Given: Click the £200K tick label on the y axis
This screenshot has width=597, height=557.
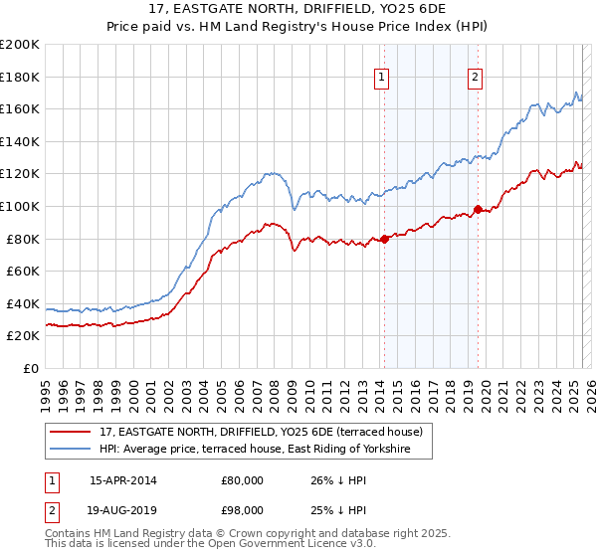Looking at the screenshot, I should [20, 44].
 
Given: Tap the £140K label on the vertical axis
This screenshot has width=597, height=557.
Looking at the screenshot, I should [20, 141].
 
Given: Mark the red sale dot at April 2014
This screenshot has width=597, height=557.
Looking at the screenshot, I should [384, 238].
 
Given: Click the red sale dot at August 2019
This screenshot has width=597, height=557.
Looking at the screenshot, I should [478, 209].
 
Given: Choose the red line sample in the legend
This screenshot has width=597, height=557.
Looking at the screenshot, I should [72, 432].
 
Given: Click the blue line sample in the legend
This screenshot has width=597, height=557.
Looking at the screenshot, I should [72, 450].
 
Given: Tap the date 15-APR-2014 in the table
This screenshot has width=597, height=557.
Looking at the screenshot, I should [122, 480].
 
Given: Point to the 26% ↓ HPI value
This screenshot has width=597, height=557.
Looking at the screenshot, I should [337, 480].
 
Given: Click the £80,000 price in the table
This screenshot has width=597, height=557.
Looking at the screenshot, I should [242, 480].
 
